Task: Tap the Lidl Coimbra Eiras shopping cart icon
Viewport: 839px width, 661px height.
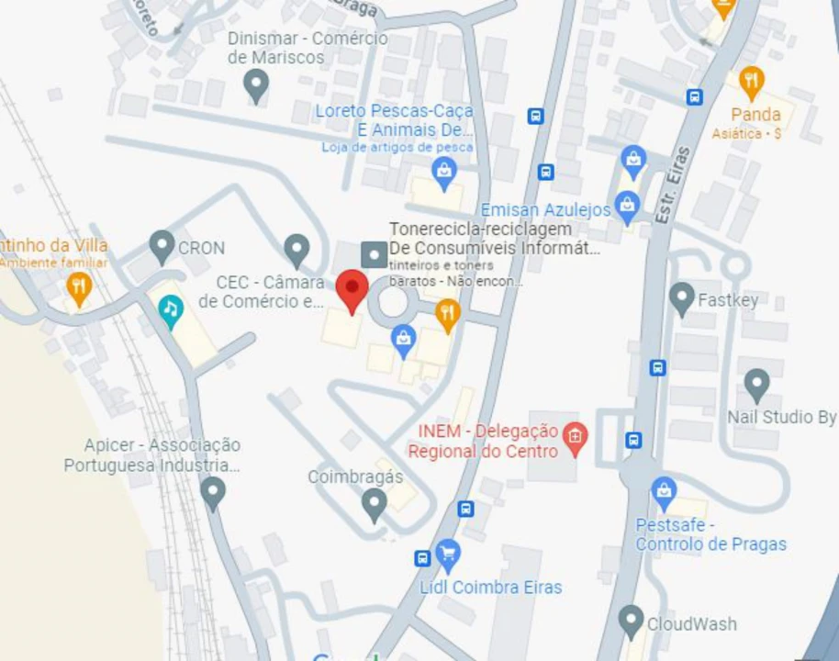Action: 448,554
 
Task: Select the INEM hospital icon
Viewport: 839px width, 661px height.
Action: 575,439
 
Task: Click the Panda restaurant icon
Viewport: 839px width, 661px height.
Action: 752,83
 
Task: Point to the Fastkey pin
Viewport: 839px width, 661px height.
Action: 681,298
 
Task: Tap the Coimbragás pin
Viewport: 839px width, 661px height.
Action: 374,504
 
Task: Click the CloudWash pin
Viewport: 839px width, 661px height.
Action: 630,622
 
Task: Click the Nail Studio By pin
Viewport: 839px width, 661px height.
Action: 756,386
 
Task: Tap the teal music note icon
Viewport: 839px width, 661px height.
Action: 170,311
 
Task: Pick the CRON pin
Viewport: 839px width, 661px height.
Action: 162,246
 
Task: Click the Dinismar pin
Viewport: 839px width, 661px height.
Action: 256,85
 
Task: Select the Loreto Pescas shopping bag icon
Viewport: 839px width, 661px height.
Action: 444,172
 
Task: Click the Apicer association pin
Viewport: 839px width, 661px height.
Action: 213,493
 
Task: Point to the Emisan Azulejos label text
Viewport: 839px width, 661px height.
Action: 545,210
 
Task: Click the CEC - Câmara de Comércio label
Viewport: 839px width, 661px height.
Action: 270,291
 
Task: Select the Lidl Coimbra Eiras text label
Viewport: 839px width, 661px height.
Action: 491,588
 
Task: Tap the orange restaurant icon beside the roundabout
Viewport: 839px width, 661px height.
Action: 447,315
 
